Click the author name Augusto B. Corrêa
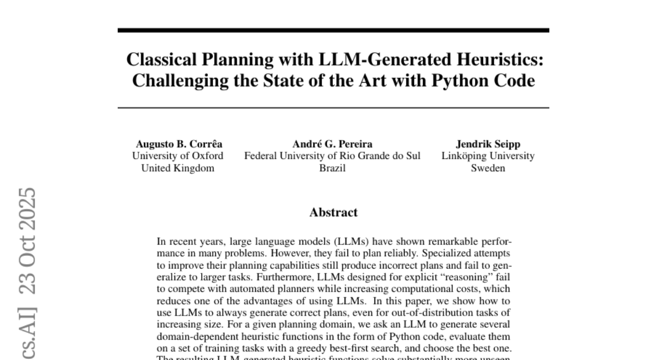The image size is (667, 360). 179,144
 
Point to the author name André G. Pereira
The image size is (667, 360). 332,144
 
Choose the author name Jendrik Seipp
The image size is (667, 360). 488,144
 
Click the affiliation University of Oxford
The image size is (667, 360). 178,156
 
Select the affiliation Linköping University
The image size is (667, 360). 488,156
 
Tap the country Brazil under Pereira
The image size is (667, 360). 332,168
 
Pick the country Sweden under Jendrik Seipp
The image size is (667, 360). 488,168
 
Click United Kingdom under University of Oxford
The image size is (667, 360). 178,168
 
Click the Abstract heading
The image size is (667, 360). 333,212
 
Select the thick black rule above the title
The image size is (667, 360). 333,30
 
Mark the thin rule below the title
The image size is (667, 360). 333,108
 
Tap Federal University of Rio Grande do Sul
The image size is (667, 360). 332,156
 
